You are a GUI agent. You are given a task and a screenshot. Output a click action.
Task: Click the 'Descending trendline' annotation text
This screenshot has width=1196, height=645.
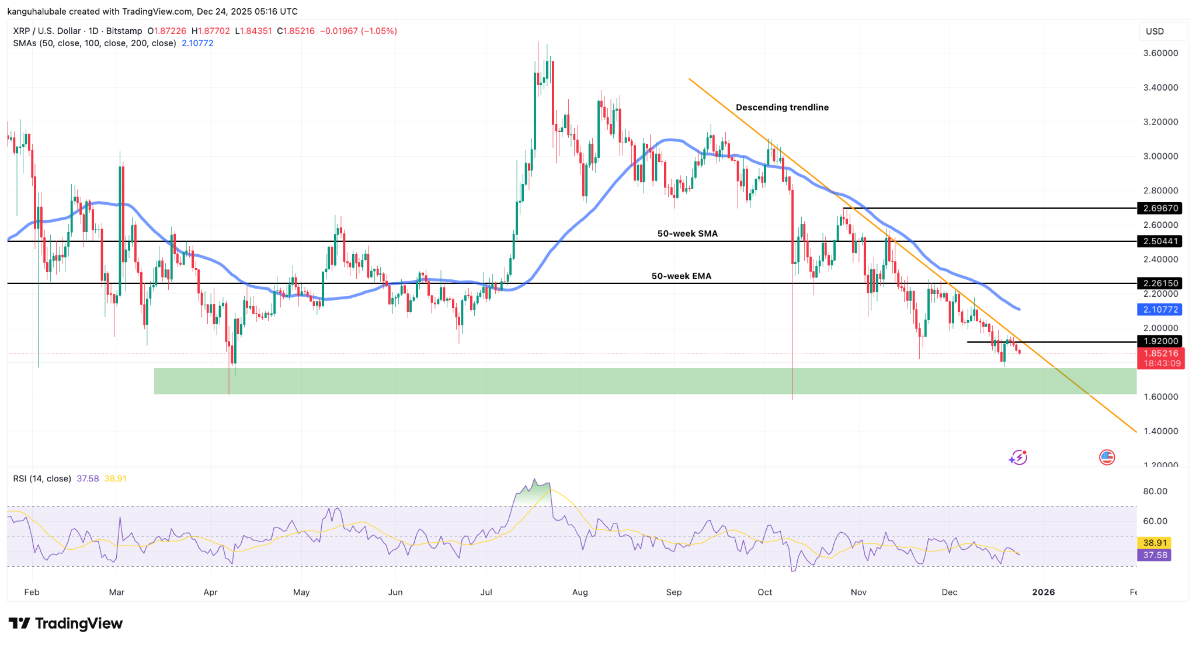pos(782,107)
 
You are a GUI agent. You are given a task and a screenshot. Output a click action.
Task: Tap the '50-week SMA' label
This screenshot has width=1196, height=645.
pos(687,234)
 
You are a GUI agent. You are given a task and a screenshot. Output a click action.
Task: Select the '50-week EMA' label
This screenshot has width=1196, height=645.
pos(682,276)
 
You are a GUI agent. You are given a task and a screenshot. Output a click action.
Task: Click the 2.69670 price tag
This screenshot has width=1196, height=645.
pos(1160,208)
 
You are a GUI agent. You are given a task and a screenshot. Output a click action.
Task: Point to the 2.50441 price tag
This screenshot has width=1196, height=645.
pos(1160,241)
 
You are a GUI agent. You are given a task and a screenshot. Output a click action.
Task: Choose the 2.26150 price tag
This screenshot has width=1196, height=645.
pos(1160,283)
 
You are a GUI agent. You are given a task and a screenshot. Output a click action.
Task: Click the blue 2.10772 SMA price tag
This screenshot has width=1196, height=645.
pos(1160,310)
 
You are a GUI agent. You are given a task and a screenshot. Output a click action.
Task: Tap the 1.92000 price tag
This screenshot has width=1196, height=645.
pos(1160,341)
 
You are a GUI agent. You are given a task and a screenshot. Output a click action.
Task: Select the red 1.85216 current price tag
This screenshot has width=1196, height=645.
pos(1161,353)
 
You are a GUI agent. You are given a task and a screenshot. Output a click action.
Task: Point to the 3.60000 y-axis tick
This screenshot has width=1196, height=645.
pos(1160,53)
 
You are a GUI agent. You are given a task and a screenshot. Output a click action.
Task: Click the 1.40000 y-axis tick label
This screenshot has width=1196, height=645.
pos(1160,431)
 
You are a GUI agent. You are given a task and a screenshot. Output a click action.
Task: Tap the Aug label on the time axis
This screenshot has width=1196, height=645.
pos(580,592)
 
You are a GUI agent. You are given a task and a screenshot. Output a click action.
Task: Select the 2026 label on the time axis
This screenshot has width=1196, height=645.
pos(1044,592)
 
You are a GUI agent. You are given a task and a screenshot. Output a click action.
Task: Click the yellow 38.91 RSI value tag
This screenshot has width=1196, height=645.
pos(1155,543)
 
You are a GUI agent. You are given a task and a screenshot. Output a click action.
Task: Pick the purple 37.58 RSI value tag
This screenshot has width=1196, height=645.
pos(1155,555)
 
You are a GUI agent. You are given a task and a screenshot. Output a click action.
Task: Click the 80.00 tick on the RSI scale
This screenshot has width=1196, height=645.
pos(1155,491)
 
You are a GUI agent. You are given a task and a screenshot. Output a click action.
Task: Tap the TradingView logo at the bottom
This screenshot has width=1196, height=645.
pos(65,623)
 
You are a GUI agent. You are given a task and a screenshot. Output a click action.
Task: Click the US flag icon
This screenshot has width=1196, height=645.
pos(1107,457)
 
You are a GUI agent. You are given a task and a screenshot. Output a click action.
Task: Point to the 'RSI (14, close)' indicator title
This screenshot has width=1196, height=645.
pos(42,478)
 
